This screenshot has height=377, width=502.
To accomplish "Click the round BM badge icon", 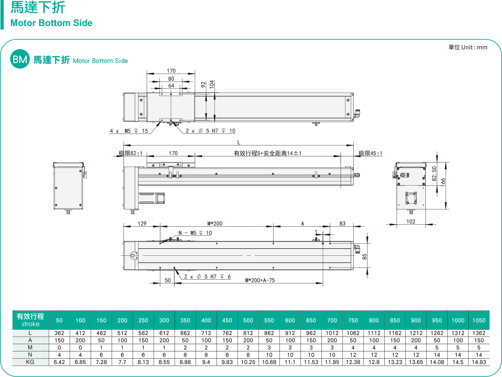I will pos(20,59).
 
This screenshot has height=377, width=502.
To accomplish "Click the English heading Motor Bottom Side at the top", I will pos(51,23).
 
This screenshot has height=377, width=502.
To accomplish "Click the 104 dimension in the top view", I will pos(212,84).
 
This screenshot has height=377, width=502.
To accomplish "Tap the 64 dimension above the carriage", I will pos(171,86).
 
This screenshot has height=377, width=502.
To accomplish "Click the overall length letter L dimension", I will pos(239,143).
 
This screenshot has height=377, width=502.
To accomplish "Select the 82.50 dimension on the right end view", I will pos(434,173).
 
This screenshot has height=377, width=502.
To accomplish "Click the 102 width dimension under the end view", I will pos(411,222).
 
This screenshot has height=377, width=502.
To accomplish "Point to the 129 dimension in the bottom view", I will pos(142,223).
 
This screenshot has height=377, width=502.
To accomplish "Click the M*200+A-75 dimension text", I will pos(260,280).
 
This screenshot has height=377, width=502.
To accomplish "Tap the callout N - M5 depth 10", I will pos(195,233).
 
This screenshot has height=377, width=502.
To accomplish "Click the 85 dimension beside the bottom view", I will pos(364,257).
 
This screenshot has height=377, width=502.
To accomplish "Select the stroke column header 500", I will pos(248,320).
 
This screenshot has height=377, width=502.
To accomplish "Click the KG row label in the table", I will pos(30,362).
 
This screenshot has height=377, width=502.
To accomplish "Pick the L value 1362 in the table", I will pos(479,333).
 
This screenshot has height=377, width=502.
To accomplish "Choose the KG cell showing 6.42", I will pos(59,362).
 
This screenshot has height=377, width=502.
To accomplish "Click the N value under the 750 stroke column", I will pos(353,355).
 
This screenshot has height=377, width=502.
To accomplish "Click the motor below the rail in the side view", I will pos(151,198).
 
